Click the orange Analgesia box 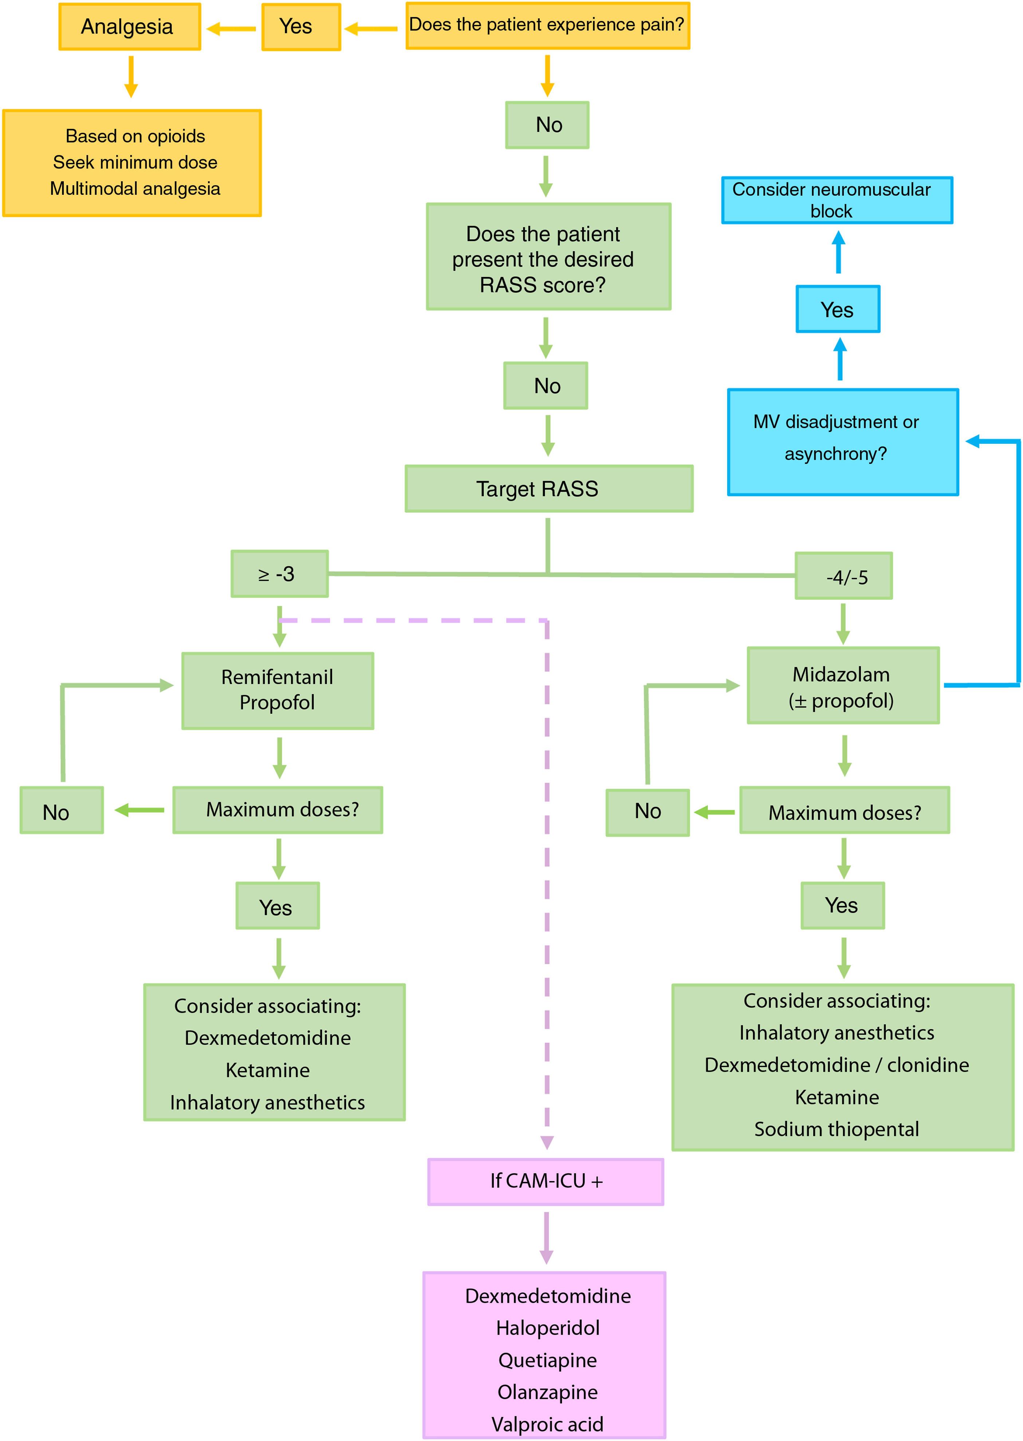click(130, 27)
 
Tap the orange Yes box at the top click(301, 27)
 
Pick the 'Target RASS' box click(549, 488)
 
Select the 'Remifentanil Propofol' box click(278, 690)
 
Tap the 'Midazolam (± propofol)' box click(843, 686)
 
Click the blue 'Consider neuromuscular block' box click(837, 200)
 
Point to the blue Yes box click(838, 309)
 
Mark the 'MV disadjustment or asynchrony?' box click(843, 442)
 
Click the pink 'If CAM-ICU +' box click(546, 1181)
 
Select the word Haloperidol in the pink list click(547, 1328)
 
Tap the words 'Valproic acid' click(547, 1424)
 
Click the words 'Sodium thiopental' click(837, 1129)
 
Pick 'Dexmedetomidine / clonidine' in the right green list click(837, 1065)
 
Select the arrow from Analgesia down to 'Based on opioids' click(131, 76)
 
